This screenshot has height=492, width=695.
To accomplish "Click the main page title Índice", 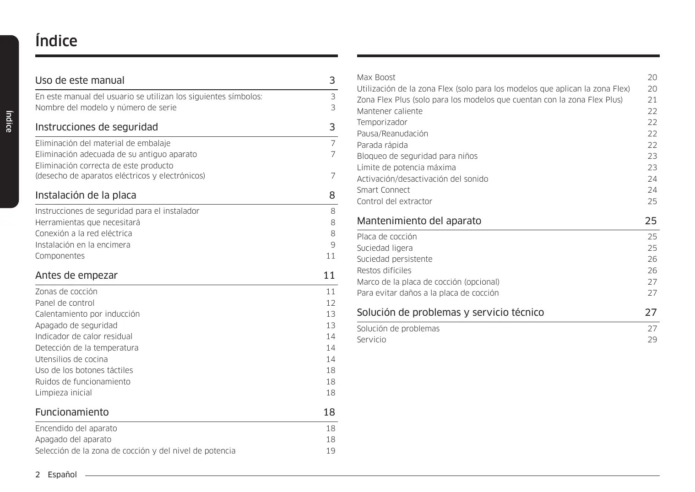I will click(56, 41).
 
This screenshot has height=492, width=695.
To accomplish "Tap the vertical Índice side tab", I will click(8, 121).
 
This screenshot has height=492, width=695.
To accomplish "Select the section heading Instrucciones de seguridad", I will click(97, 127).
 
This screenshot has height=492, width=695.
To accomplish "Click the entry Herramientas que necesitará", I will click(87, 222).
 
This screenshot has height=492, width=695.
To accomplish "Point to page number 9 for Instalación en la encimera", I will click(333, 245).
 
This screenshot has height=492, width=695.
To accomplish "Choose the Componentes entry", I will click(60, 256).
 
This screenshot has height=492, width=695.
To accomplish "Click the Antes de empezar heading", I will click(76, 276).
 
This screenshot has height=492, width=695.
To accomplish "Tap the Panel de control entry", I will click(65, 303).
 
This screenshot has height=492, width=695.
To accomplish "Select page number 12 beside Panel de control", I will click(331, 303).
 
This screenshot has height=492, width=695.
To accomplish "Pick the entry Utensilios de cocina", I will click(71, 359).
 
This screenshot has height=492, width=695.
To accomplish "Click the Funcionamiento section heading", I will click(72, 412).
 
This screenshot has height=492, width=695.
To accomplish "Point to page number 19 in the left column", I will click(331, 451).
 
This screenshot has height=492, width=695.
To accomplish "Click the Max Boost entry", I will click(376, 78).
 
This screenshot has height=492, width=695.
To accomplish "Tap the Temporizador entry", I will click(382, 122).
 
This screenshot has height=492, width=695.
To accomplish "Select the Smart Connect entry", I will click(383, 190).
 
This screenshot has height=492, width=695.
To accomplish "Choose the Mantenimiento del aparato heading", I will click(419, 221).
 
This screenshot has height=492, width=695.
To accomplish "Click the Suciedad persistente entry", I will click(394, 259).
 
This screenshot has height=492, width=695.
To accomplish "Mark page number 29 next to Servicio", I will click(652, 340).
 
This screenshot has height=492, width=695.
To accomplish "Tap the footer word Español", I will click(62, 475).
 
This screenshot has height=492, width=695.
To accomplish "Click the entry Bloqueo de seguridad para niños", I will click(417, 156).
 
